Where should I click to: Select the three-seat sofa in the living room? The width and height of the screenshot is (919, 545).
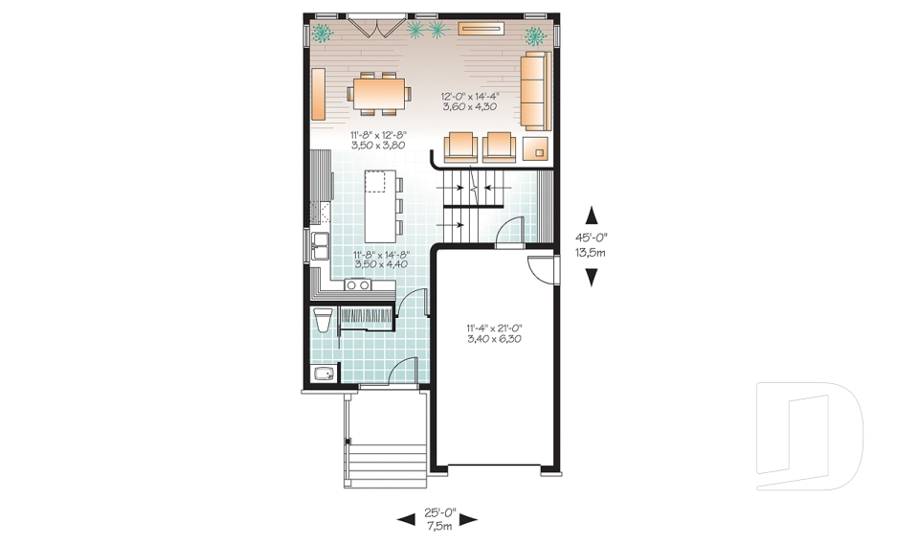click(537, 92)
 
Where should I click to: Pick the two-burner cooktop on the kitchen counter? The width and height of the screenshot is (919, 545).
click(358, 284)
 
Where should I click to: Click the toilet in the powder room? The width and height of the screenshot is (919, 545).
click(323, 319)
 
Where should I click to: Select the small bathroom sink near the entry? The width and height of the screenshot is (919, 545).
click(324, 375)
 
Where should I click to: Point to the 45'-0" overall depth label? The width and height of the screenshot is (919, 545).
click(592, 246)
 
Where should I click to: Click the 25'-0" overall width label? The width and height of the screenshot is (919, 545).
click(437, 518)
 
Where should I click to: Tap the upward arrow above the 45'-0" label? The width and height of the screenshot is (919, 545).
click(592, 215)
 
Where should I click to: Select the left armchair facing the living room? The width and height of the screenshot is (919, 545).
click(459, 146)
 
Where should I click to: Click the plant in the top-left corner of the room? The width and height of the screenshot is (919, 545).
click(322, 34)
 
